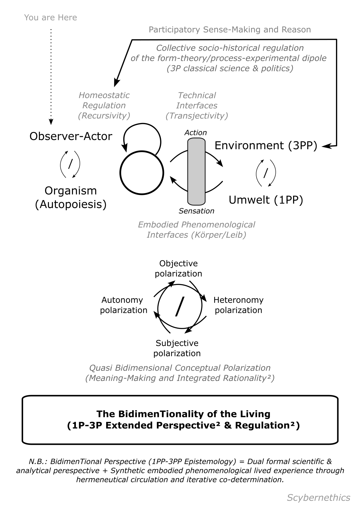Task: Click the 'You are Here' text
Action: coord(50,18)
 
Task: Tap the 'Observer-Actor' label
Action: coord(71,136)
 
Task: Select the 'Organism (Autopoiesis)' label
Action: coord(71,197)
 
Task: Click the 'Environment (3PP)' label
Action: coord(266,145)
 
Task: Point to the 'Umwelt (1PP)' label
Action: coord(266,200)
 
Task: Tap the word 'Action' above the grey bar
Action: coord(196,133)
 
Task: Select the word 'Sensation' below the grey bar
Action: coord(196,211)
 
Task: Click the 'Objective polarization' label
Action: coord(178,268)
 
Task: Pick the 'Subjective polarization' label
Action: coord(177,348)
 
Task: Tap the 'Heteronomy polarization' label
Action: coord(238,305)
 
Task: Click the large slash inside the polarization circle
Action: coord(179,306)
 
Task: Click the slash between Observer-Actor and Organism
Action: coord(70,164)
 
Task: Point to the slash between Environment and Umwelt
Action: coord(265,173)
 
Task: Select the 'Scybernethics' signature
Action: coord(318,498)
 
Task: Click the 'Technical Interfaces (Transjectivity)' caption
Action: coord(197,106)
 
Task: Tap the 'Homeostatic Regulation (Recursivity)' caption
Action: coord(104,106)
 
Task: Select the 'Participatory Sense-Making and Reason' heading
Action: coord(230,30)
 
